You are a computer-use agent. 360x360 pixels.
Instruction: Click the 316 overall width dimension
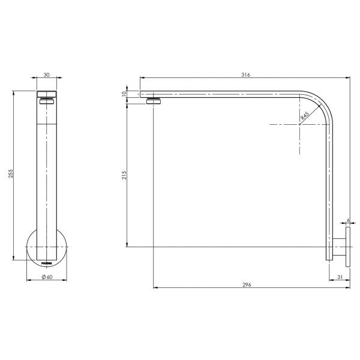245,75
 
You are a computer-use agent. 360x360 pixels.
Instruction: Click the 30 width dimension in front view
46,75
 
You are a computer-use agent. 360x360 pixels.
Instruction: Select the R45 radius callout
305,117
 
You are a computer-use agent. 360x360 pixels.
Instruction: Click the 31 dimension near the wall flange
340,277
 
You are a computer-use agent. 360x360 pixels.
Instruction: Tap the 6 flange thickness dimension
348,221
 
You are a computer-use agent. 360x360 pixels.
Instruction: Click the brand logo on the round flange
46,262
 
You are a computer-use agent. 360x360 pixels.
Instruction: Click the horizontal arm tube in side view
228,94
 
